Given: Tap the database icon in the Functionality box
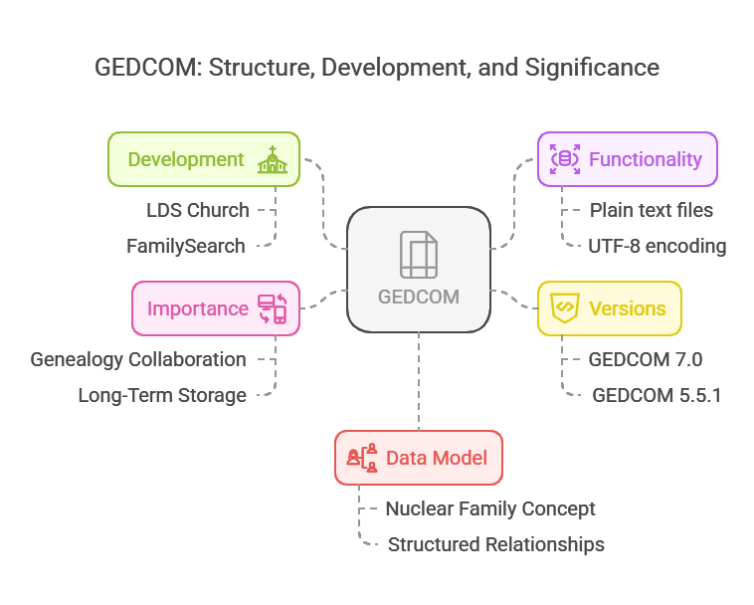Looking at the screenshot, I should coord(565,159).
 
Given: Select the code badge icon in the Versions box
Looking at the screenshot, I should coord(565,307).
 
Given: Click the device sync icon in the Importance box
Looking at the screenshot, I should coord(272,308).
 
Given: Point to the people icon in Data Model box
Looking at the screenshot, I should coord(362,458).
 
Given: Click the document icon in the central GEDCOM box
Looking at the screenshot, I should coord(419,255).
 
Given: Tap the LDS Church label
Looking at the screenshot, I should coord(197,209).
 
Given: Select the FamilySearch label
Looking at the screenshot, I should coord(186,246).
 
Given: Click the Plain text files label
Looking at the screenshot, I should coord(651,210).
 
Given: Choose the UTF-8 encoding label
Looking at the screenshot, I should coord(658,246).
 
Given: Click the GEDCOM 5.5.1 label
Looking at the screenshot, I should coord(657,395).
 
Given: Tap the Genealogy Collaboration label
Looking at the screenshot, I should coord(138,359).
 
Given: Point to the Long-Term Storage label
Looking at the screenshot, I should coord(162,395).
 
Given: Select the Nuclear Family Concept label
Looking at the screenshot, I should coord(490,508).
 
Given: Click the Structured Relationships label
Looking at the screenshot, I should coord(495,544).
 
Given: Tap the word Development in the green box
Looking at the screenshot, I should coord(186,159).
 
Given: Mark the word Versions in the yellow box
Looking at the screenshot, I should coord(627,307).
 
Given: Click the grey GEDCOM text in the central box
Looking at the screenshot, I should coord(419,297).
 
